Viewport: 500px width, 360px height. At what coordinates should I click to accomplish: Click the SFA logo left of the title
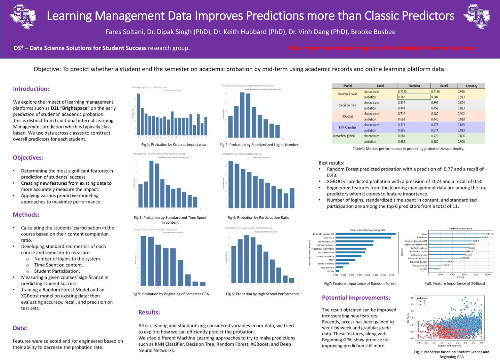point(23,17)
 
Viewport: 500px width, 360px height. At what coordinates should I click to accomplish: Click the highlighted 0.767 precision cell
point(414,97)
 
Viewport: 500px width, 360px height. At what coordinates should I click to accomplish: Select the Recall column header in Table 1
point(444,86)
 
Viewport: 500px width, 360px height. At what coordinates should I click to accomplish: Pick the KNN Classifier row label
point(347,127)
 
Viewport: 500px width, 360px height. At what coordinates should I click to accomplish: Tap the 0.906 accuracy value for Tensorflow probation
point(461,142)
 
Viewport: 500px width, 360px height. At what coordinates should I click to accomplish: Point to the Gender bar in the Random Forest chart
point(337,271)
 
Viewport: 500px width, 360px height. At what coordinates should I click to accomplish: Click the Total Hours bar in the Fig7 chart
point(363,238)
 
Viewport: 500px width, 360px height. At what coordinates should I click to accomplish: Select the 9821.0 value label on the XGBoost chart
point(490,234)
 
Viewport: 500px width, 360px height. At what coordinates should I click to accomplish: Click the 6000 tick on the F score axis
point(464,274)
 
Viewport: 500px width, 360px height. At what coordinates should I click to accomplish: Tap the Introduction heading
point(31,89)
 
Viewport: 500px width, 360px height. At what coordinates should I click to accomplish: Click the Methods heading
point(26,215)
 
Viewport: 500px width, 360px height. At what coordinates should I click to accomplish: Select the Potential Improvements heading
point(356,298)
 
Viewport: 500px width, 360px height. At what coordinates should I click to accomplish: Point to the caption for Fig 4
point(258,218)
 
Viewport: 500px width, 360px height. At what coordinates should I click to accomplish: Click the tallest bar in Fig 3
point(152,184)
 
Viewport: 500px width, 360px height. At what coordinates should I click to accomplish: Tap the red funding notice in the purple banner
point(382,48)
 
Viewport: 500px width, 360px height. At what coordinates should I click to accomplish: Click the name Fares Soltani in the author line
point(124,32)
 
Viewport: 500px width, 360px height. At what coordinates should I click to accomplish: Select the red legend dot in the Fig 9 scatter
point(420,304)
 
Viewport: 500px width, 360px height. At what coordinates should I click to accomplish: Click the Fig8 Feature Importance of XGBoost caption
point(454,283)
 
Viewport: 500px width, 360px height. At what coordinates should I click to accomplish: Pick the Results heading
point(149,312)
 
